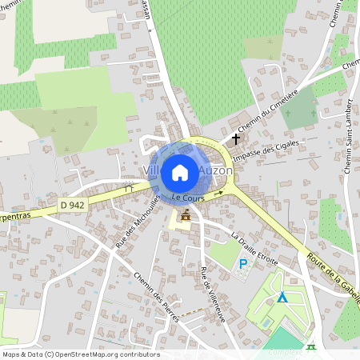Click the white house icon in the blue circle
pyautogui.click(x=180, y=172)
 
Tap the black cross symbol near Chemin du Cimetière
pyautogui.click(x=235, y=138)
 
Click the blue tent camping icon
pyautogui.click(x=282, y=297)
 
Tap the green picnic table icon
pyautogui.click(x=310, y=347)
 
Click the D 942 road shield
pyautogui.click(x=71, y=206)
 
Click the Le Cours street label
pyautogui.click(x=189, y=197)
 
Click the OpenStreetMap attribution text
pyautogui.click(x=81, y=354)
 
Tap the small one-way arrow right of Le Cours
pyautogui.click(x=218, y=194)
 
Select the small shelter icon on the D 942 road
pyautogui.click(x=129, y=187)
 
